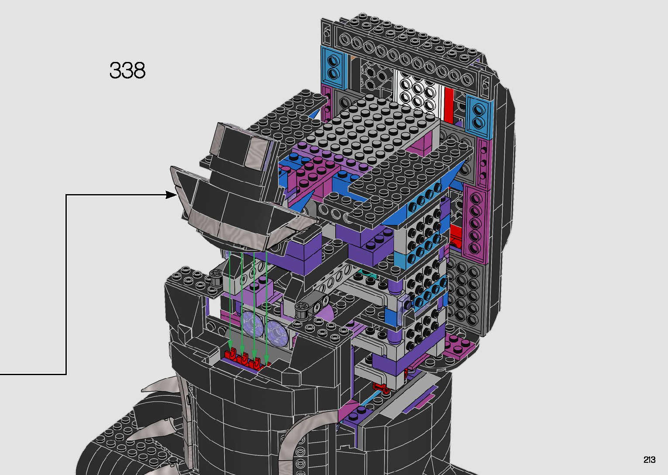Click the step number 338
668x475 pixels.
[127, 70]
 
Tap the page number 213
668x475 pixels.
[649, 459]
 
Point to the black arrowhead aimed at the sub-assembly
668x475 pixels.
[171, 195]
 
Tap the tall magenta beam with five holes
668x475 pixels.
[475, 222]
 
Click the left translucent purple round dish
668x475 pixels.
[252, 324]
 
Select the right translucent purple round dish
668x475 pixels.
[277, 331]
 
